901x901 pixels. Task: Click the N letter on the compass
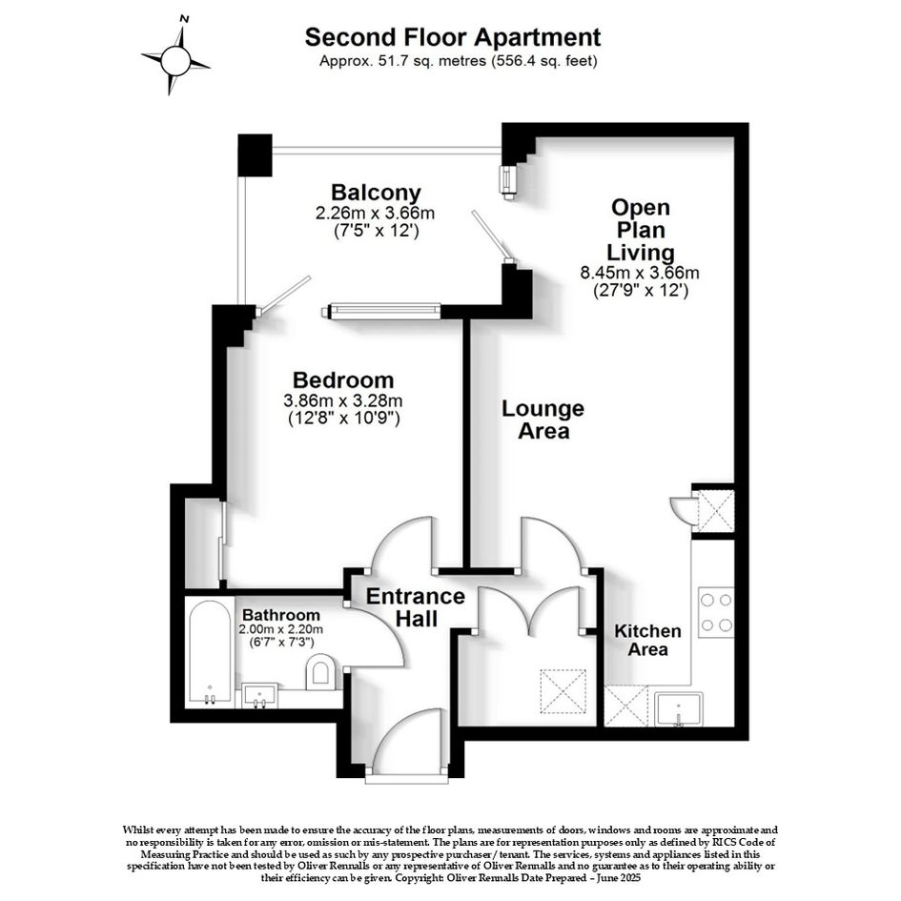(x=184, y=19)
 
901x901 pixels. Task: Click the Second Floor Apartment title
(x=453, y=37)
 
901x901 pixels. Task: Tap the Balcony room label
(x=377, y=192)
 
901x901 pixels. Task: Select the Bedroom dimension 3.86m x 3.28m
(x=343, y=399)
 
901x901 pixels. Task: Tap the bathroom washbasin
(x=260, y=695)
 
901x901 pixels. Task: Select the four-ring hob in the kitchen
(x=716, y=612)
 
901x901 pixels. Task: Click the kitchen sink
(x=679, y=709)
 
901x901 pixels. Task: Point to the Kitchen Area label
(x=647, y=640)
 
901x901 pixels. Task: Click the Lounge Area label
(x=543, y=420)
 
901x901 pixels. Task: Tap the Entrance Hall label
(x=416, y=606)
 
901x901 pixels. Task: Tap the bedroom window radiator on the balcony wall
(x=381, y=311)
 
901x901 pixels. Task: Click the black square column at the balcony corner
(x=255, y=155)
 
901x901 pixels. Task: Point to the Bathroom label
(x=281, y=615)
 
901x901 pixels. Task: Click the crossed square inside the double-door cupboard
(x=563, y=691)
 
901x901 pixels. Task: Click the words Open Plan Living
(x=641, y=230)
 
